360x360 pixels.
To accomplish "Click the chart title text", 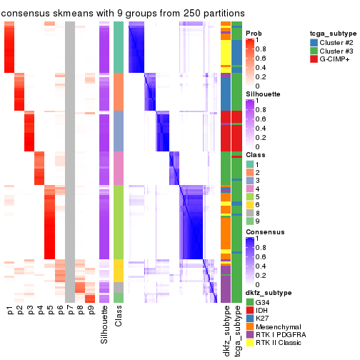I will (x=123, y=13).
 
